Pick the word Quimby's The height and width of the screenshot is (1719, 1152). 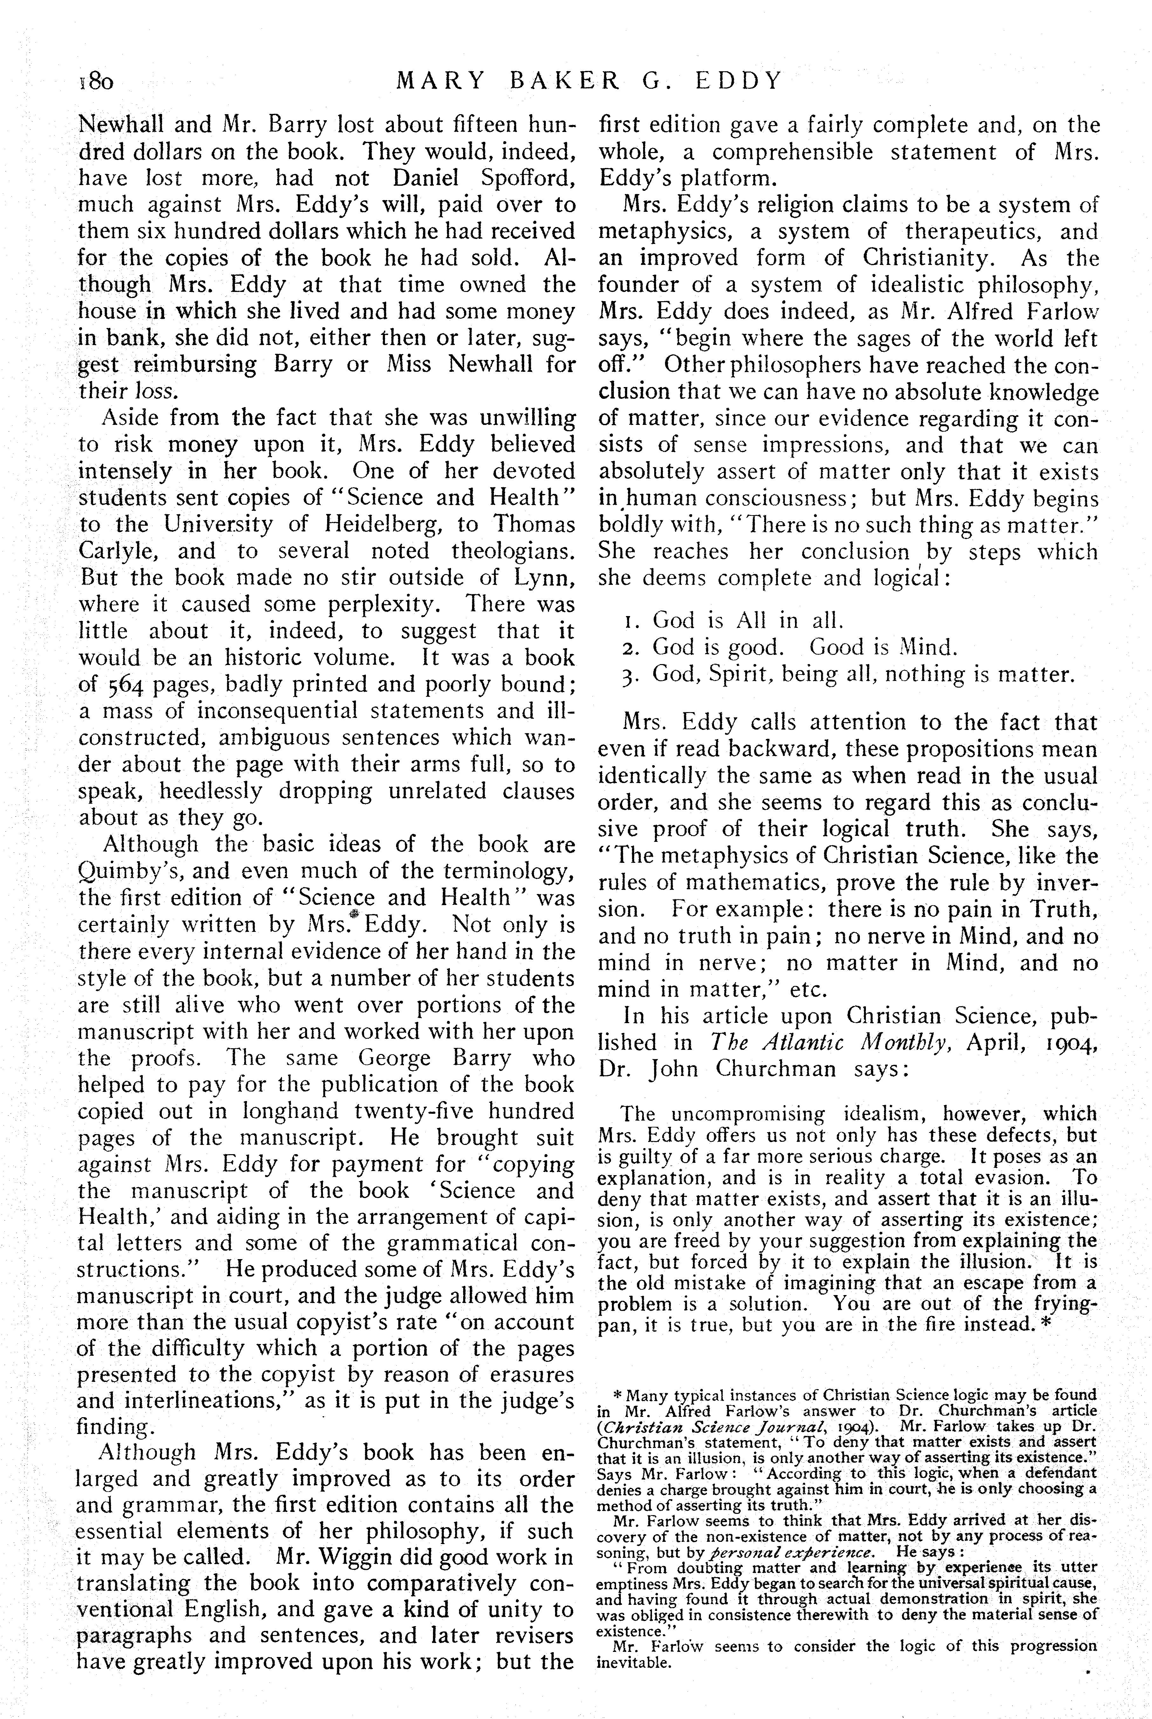point(127,872)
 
